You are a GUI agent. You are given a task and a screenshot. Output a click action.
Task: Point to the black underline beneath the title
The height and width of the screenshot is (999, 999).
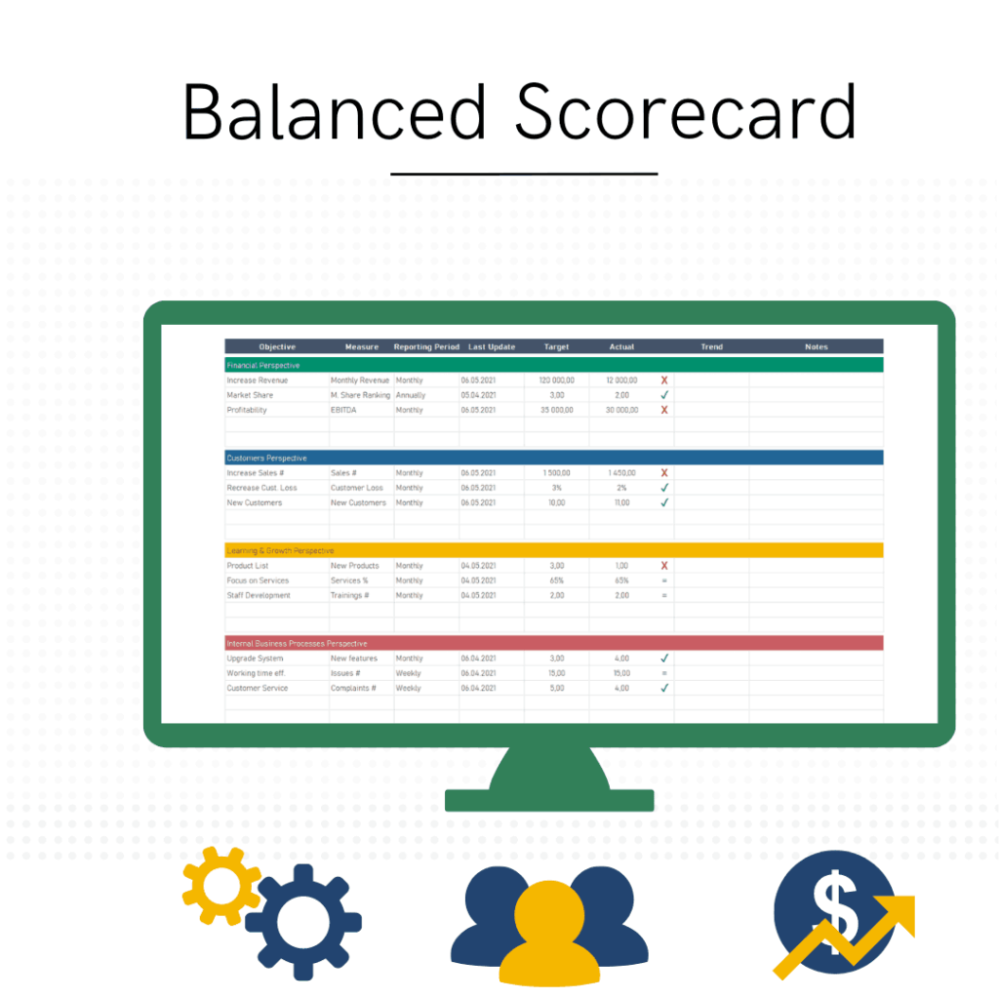coord(524,175)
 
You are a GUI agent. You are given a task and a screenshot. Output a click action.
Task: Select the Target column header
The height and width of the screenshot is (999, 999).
coord(556,346)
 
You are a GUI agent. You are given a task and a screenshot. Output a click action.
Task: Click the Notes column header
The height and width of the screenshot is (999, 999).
coord(816,346)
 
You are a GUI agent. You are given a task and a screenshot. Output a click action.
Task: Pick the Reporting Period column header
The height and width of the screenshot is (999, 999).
coord(426,346)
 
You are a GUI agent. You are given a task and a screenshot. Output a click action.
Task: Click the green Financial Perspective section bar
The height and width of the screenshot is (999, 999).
coord(553,365)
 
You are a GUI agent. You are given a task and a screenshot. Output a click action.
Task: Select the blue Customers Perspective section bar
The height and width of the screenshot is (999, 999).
coord(553,458)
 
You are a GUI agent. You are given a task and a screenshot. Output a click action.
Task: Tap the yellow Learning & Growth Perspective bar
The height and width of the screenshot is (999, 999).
coord(553,550)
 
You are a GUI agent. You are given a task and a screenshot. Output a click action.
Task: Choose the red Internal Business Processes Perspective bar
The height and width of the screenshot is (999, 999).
coord(553,643)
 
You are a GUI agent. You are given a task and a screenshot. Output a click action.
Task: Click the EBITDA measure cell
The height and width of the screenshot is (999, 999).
coord(342,410)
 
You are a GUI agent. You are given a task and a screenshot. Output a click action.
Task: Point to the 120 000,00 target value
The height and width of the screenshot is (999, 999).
coord(556,380)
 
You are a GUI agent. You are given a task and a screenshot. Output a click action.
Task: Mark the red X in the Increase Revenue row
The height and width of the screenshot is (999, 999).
coord(664,380)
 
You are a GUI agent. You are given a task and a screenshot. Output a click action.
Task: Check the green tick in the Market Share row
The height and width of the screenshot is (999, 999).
coord(664,395)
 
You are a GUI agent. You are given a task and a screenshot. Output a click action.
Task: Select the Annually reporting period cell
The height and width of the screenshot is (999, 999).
coord(411,395)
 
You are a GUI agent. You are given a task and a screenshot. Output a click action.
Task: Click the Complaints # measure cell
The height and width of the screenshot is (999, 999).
coord(353,688)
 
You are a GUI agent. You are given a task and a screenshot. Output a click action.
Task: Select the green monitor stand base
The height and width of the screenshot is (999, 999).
coord(549,800)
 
